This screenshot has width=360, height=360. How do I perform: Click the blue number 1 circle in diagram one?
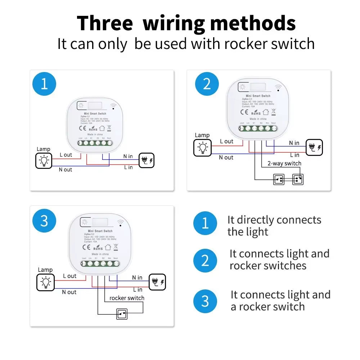pyautogui.click(x=44, y=84)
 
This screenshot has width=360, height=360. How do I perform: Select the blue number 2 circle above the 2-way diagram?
pyautogui.click(x=207, y=84)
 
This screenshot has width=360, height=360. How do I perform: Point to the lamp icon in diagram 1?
pyautogui.click(x=44, y=161)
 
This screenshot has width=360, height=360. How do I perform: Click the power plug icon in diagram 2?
pyautogui.click(x=314, y=148)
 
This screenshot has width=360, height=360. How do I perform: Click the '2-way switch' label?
pyautogui.click(x=284, y=163)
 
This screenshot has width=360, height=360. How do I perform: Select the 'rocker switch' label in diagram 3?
pyautogui.click(x=127, y=298)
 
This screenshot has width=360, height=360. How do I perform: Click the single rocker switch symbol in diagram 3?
pyautogui.click(x=122, y=314)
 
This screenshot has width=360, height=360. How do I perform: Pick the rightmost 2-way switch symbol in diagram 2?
pyautogui.click(x=298, y=179)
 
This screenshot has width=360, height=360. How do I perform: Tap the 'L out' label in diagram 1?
pyautogui.click(x=66, y=155)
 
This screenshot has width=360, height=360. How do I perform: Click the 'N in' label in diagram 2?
pyautogui.click(x=294, y=143)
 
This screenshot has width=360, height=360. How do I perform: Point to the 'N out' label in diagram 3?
pyautogui.click(x=69, y=292)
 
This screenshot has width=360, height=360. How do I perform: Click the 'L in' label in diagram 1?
pyautogui.click(x=128, y=167)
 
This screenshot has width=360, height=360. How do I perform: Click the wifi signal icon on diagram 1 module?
pyautogui.click(x=114, y=107)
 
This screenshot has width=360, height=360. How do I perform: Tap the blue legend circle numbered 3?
pyautogui.click(x=205, y=301)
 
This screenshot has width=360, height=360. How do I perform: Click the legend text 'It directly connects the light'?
pyautogui.click(x=274, y=226)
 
